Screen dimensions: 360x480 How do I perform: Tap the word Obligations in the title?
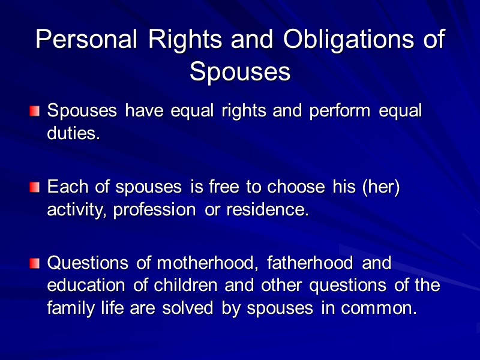[x=346, y=40]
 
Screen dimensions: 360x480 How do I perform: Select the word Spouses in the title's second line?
[x=240, y=71]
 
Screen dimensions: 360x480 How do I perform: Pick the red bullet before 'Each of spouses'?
[x=35, y=188]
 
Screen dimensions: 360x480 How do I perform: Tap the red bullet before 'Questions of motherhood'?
[x=35, y=263]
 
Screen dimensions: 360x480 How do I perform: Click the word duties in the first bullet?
[x=71, y=133]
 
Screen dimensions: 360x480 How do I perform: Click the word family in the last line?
[x=67, y=308]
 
